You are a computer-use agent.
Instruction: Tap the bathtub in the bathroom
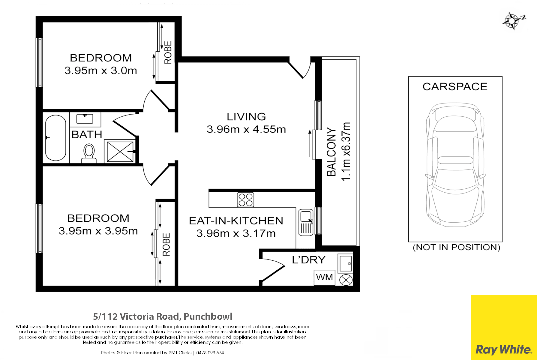point(56,138)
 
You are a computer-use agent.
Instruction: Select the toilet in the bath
point(89,153)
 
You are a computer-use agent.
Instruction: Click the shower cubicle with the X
point(120,152)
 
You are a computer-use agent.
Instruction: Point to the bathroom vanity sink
point(85,119)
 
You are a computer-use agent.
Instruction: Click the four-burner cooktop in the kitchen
point(246,200)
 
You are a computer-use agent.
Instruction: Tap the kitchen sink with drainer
point(306,222)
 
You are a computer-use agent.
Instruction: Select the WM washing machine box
point(324,277)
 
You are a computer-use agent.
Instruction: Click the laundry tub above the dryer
point(345,263)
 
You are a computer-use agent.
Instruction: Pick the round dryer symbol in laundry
point(346,280)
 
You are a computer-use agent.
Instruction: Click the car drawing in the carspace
point(455,165)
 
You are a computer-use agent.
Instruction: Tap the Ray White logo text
point(504,350)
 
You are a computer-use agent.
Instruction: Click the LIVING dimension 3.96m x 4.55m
point(246,129)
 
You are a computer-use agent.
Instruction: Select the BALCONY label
point(331,152)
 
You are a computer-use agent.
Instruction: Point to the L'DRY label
point(309,260)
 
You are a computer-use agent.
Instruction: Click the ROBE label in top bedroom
point(168,52)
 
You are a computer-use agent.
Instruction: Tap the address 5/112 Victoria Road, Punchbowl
point(163,316)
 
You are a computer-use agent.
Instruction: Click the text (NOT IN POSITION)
point(456,247)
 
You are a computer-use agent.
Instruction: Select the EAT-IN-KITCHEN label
point(236,221)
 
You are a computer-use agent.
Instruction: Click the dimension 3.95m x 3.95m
point(98,231)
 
